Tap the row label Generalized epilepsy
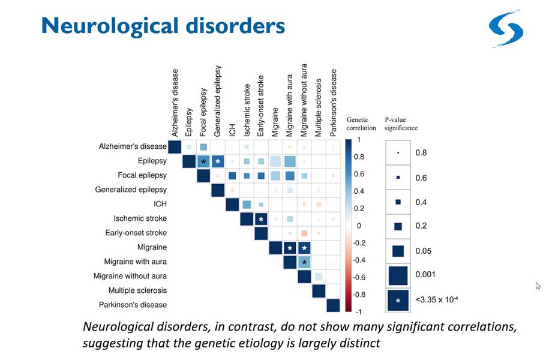131,190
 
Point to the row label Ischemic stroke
140,218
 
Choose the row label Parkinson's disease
133,305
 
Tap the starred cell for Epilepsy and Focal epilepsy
204,161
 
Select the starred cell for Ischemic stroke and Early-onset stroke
261,219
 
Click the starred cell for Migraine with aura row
304,262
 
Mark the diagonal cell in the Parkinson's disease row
333,305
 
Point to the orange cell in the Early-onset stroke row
304,233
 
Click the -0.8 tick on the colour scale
359,295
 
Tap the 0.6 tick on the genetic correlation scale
359,174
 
